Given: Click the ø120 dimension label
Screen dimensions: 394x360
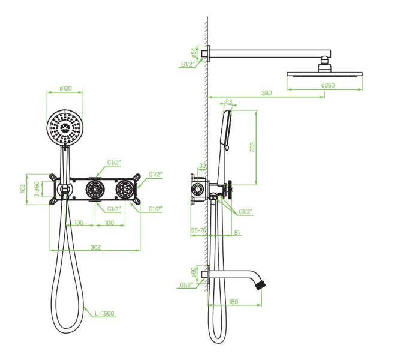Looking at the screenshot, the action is pyautogui.click(x=65, y=88).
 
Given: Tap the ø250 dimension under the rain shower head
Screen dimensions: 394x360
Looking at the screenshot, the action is pyautogui.click(x=328, y=85).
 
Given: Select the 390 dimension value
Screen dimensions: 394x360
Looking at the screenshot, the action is pyautogui.click(x=267, y=93).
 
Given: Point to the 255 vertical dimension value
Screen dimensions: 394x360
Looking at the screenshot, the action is pyautogui.click(x=252, y=147).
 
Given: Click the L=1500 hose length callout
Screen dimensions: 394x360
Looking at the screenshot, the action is pyautogui.click(x=104, y=313).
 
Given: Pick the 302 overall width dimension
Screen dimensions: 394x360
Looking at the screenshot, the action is pyautogui.click(x=95, y=247).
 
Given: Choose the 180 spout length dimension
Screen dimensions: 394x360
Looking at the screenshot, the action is pyautogui.click(x=233, y=301).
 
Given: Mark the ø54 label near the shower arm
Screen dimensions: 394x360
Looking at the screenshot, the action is pyautogui.click(x=193, y=53).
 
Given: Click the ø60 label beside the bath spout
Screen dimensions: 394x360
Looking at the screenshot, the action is pyautogui.click(x=193, y=272).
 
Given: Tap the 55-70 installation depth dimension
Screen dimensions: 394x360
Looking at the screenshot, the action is pyautogui.click(x=198, y=230).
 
